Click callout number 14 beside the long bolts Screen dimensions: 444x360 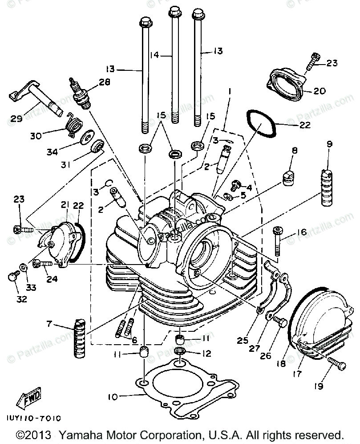(x=154, y=55)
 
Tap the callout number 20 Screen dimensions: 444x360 (x=320, y=91)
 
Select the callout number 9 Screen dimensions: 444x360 (x=329, y=144)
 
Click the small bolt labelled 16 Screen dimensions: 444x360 (x=278, y=240)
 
